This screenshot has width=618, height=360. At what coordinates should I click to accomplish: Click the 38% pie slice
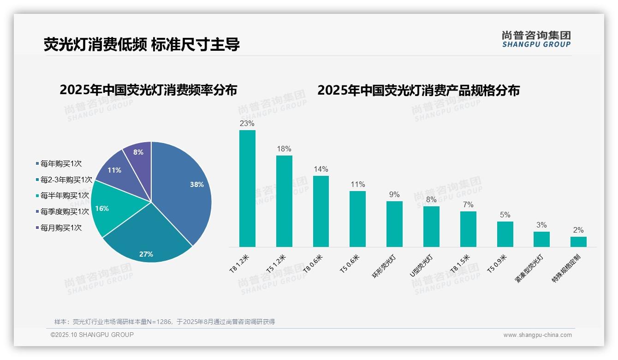click(184, 189)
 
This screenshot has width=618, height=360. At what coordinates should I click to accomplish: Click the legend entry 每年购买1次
click(60, 163)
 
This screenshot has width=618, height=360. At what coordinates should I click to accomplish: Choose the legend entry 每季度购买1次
click(64, 211)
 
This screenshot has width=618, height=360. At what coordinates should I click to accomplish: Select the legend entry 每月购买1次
click(60, 228)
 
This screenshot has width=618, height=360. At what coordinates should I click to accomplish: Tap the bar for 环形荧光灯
click(394, 224)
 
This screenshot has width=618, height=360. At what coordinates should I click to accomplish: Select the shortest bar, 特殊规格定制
click(578, 242)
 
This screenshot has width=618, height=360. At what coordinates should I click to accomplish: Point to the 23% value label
click(247, 124)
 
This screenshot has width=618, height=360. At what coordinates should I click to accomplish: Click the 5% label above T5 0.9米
click(505, 215)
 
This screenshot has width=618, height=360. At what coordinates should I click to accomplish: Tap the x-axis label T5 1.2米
click(277, 264)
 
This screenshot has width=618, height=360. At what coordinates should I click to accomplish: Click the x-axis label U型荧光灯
click(421, 266)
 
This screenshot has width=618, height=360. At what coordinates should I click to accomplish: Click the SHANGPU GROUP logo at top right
click(536, 39)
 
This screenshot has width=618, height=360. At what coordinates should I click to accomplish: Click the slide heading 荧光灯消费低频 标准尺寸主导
click(142, 45)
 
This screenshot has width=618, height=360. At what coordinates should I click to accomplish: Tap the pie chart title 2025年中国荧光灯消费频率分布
click(148, 90)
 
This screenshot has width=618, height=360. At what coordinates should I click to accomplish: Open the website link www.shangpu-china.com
click(537, 335)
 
